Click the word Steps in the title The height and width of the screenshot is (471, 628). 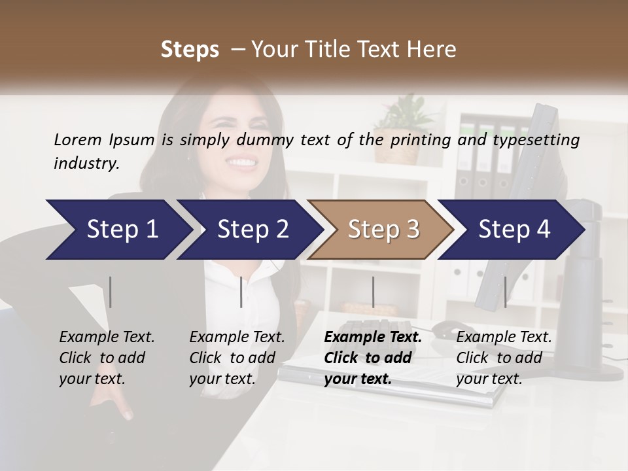(x=190, y=50)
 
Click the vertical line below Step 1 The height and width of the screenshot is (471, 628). (x=111, y=292)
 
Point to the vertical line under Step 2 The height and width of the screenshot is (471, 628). (x=241, y=292)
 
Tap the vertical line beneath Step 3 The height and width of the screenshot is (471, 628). (x=374, y=292)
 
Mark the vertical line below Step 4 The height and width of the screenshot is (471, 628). (x=505, y=292)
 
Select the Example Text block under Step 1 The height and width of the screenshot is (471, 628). (x=107, y=358)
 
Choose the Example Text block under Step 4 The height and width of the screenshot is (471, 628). (x=504, y=358)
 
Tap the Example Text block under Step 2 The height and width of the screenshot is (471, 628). (x=237, y=358)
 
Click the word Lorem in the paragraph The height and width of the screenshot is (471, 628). (x=78, y=139)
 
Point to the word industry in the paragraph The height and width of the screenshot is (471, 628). (x=86, y=164)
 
